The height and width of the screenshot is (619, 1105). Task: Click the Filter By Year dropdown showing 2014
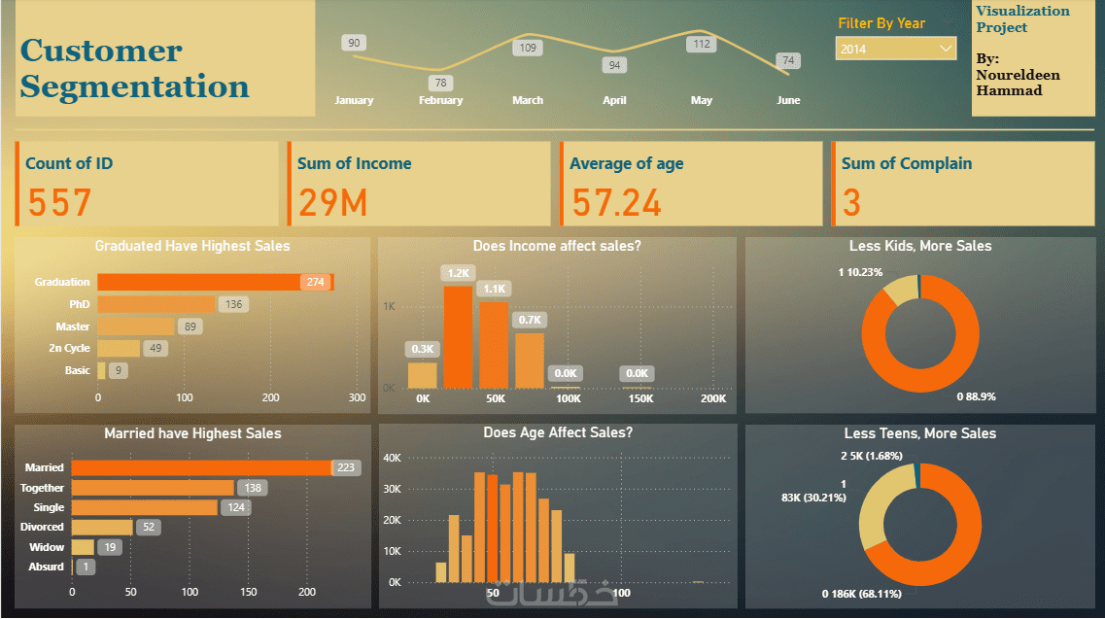click(895, 49)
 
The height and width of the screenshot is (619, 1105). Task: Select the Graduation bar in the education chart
click(215, 282)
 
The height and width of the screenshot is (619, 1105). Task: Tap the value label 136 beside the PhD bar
click(233, 304)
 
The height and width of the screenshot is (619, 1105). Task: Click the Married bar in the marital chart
click(202, 467)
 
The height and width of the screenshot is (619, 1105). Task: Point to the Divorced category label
click(43, 527)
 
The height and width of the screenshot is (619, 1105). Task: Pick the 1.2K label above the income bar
click(458, 273)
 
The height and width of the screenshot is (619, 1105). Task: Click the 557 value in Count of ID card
click(59, 203)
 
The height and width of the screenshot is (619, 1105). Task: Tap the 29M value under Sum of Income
click(332, 203)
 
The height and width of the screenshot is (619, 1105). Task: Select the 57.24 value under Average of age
click(616, 203)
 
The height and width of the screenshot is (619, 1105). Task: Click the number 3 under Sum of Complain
click(851, 203)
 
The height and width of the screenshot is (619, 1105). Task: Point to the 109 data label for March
click(528, 48)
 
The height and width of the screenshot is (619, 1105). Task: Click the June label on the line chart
click(788, 100)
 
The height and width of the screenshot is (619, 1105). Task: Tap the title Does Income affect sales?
click(557, 247)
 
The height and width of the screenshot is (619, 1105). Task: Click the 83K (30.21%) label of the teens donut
click(813, 498)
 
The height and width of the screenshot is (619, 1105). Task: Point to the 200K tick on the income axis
click(712, 398)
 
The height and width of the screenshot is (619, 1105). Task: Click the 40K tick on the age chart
click(394, 458)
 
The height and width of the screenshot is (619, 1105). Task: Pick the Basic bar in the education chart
click(101, 370)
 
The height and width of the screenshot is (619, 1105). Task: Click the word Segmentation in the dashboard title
click(134, 86)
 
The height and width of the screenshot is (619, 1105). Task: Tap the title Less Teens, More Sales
click(919, 433)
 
